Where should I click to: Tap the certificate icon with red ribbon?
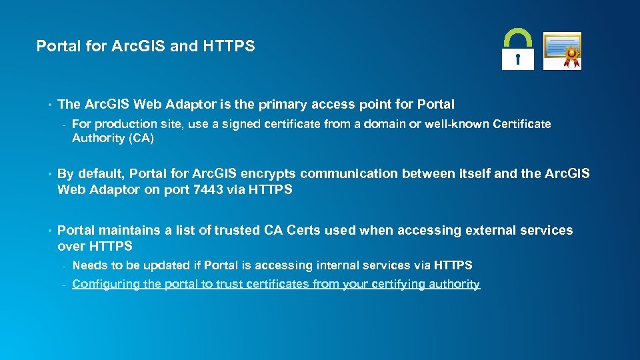pyautogui.click(x=562, y=51)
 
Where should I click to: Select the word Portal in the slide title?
pyautogui.click(x=56, y=46)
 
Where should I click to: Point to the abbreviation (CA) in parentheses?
pyautogui.click(x=139, y=138)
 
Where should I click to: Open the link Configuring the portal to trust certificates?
pyautogui.click(x=276, y=284)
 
